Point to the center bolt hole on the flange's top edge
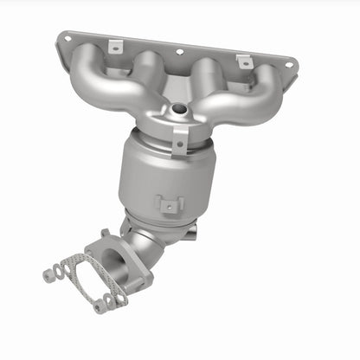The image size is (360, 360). (180, 51)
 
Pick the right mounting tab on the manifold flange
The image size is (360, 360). (244, 61)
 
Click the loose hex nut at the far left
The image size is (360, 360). (48, 275)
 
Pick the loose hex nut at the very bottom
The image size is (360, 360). (101, 305)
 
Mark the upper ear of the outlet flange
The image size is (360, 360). (106, 235)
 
